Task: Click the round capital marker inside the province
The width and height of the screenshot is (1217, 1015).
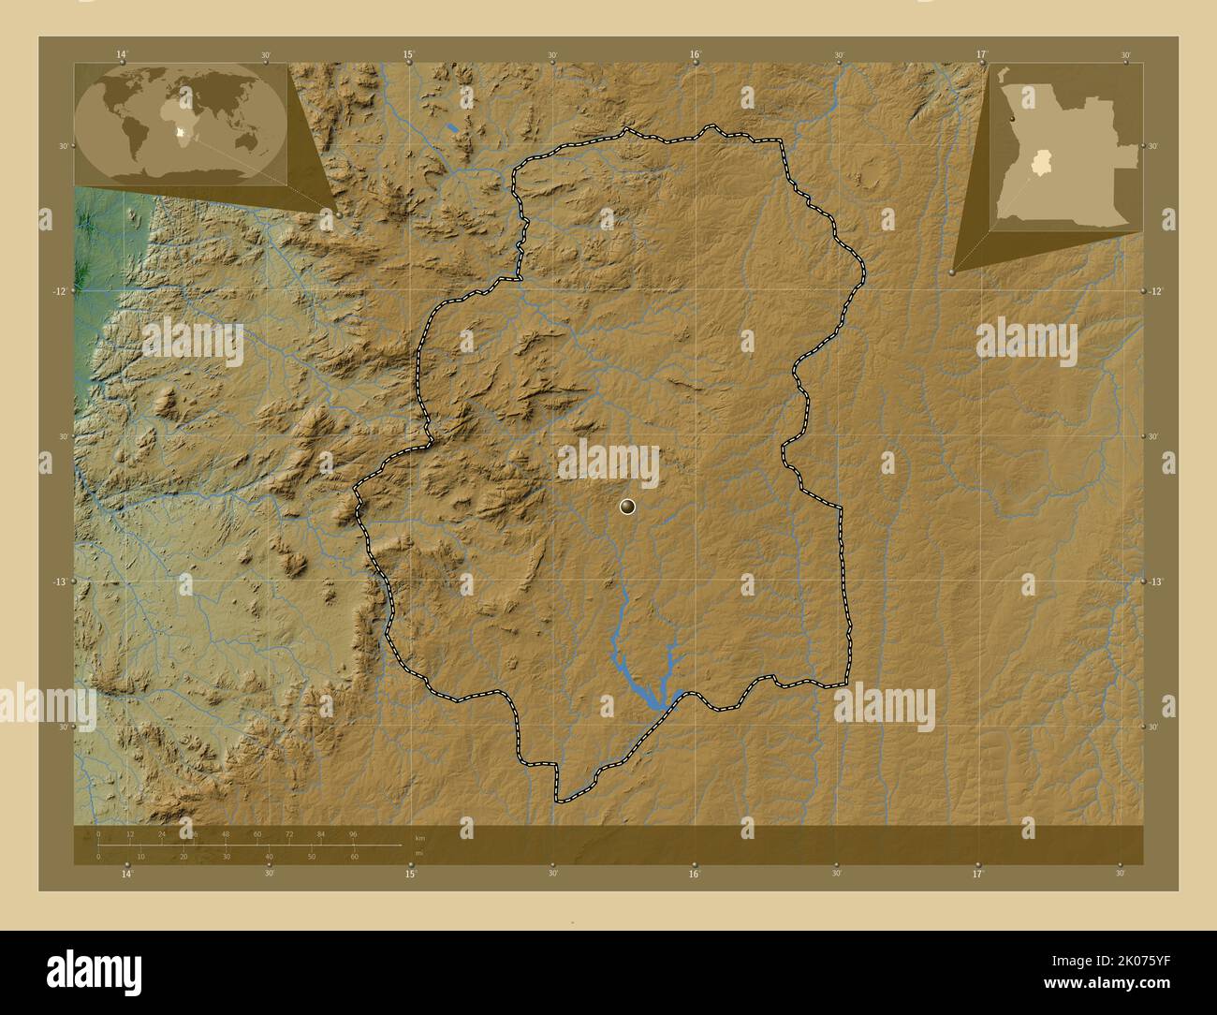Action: pyautogui.click(x=627, y=507)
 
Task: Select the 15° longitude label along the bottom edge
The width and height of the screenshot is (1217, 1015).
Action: pyautogui.click(x=409, y=874)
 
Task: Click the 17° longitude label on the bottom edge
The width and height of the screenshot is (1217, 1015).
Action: pyautogui.click(x=979, y=874)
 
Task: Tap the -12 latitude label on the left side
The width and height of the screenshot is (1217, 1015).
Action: pyautogui.click(x=59, y=291)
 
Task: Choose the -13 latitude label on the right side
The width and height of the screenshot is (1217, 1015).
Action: pyautogui.click(x=1156, y=581)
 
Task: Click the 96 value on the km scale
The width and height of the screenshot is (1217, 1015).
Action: pyautogui.click(x=353, y=833)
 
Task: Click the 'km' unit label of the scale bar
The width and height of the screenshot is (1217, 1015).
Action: pyautogui.click(x=419, y=838)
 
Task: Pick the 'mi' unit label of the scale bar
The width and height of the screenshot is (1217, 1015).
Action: pyautogui.click(x=418, y=852)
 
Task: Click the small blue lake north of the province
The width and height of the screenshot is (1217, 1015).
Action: pyautogui.click(x=452, y=126)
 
